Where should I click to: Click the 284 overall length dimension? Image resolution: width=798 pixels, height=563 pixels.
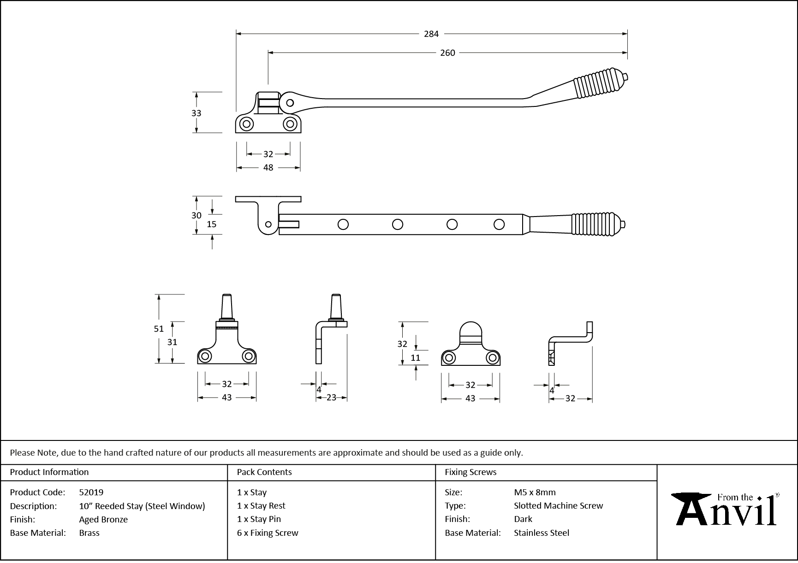[431, 34]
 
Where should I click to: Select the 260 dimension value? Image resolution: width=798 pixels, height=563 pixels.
[447, 53]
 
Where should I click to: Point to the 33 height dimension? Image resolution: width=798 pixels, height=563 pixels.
[196, 113]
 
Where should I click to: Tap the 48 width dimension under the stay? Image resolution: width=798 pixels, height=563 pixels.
[268, 168]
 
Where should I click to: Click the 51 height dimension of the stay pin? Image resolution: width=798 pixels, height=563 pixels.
[159, 329]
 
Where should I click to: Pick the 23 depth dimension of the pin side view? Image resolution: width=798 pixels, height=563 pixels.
[331, 398]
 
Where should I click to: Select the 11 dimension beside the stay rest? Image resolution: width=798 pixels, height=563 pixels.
[415, 358]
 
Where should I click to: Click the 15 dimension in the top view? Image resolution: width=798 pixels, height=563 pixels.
[211, 224]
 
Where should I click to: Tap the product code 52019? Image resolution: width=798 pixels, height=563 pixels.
[91, 492]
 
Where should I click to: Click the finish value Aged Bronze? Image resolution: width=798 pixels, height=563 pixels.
[103, 519]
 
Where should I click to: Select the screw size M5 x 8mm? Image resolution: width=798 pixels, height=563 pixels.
[535, 492]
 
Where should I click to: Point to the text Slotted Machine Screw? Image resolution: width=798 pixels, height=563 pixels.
[558, 505]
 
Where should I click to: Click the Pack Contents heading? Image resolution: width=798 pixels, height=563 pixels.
[264, 472]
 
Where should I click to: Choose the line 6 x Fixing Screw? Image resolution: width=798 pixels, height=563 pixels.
[268, 533]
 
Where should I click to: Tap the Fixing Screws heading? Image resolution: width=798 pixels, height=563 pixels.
[470, 472]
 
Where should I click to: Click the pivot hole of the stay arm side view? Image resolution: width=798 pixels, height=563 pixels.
[290, 103]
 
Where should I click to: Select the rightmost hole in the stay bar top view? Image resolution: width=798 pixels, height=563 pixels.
[499, 224]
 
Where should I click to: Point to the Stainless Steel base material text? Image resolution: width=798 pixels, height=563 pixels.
[542, 533]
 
